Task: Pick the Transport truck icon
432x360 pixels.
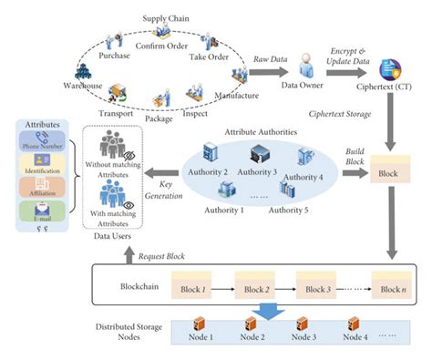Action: [x=122, y=94]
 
